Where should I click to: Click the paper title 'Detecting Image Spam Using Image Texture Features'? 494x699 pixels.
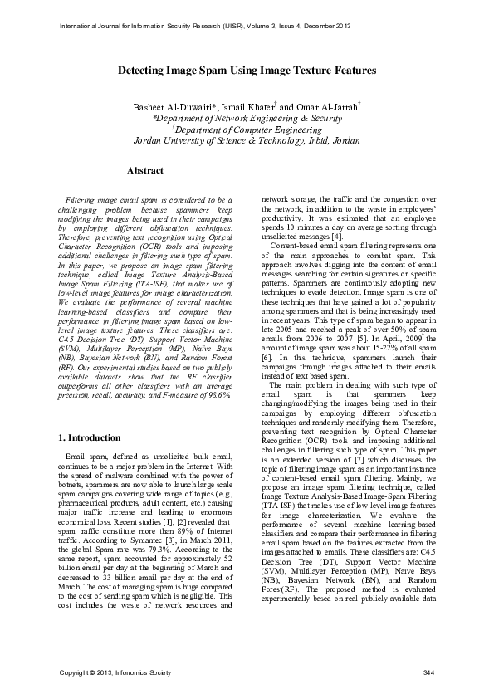pos(247,71)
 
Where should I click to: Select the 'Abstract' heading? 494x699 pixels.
pos(144,169)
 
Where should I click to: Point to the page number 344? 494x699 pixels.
pos(428,671)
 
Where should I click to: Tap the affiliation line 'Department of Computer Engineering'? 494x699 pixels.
pos(247,130)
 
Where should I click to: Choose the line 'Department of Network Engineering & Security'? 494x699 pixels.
pos(247,118)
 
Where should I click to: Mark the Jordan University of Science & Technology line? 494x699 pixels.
pos(247,141)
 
